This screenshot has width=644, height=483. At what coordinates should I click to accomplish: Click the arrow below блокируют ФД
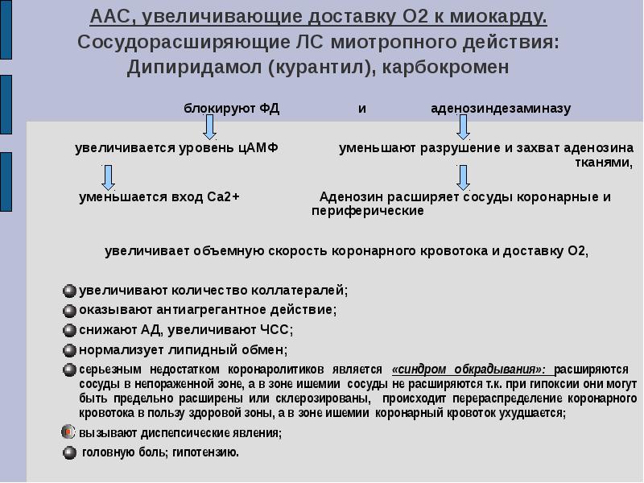coord(209,127)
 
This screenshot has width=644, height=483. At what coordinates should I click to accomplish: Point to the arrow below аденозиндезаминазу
coord(463,127)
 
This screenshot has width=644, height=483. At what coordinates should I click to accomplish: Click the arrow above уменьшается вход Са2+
coord(109,176)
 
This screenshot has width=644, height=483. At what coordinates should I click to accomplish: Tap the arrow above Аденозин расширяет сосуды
coord(463,176)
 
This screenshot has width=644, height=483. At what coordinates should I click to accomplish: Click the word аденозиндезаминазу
coord(501,109)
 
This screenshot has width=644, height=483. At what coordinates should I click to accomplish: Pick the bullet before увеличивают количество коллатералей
coord(70,290)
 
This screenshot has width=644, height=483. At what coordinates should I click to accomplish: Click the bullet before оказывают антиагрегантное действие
coord(70,310)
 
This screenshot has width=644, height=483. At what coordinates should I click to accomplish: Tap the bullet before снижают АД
coord(70,330)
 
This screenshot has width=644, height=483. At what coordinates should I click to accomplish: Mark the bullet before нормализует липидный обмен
coord(70,350)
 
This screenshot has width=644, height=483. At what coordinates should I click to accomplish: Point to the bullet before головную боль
coord(70,452)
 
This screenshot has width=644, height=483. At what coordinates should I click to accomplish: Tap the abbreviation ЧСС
coord(277,330)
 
